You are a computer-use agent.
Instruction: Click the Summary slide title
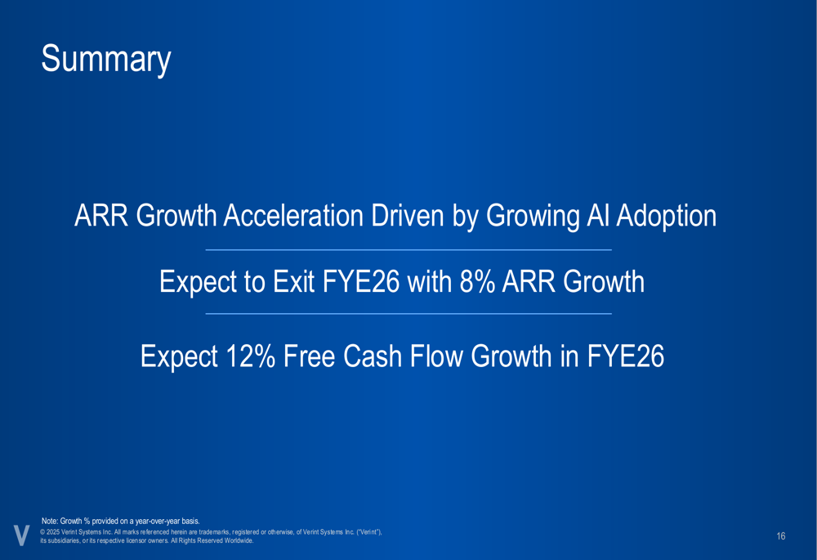click(x=105, y=60)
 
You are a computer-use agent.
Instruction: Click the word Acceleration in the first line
click(x=293, y=215)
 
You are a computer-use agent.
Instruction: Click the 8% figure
click(x=477, y=281)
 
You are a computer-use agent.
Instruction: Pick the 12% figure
click(x=251, y=356)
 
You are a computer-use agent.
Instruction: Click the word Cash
click(x=372, y=356)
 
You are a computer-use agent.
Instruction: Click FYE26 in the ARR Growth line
click(x=361, y=281)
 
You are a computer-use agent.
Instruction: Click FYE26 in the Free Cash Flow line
click(x=626, y=356)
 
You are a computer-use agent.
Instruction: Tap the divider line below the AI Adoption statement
click(x=408, y=250)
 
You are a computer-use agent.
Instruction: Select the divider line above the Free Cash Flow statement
click(x=408, y=314)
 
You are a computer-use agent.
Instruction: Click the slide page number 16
click(x=780, y=536)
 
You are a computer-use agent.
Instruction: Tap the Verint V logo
click(x=21, y=535)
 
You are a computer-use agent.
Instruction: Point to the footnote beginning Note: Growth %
click(x=120, y=521)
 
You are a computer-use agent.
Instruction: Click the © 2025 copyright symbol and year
click(x=50, y=532)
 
